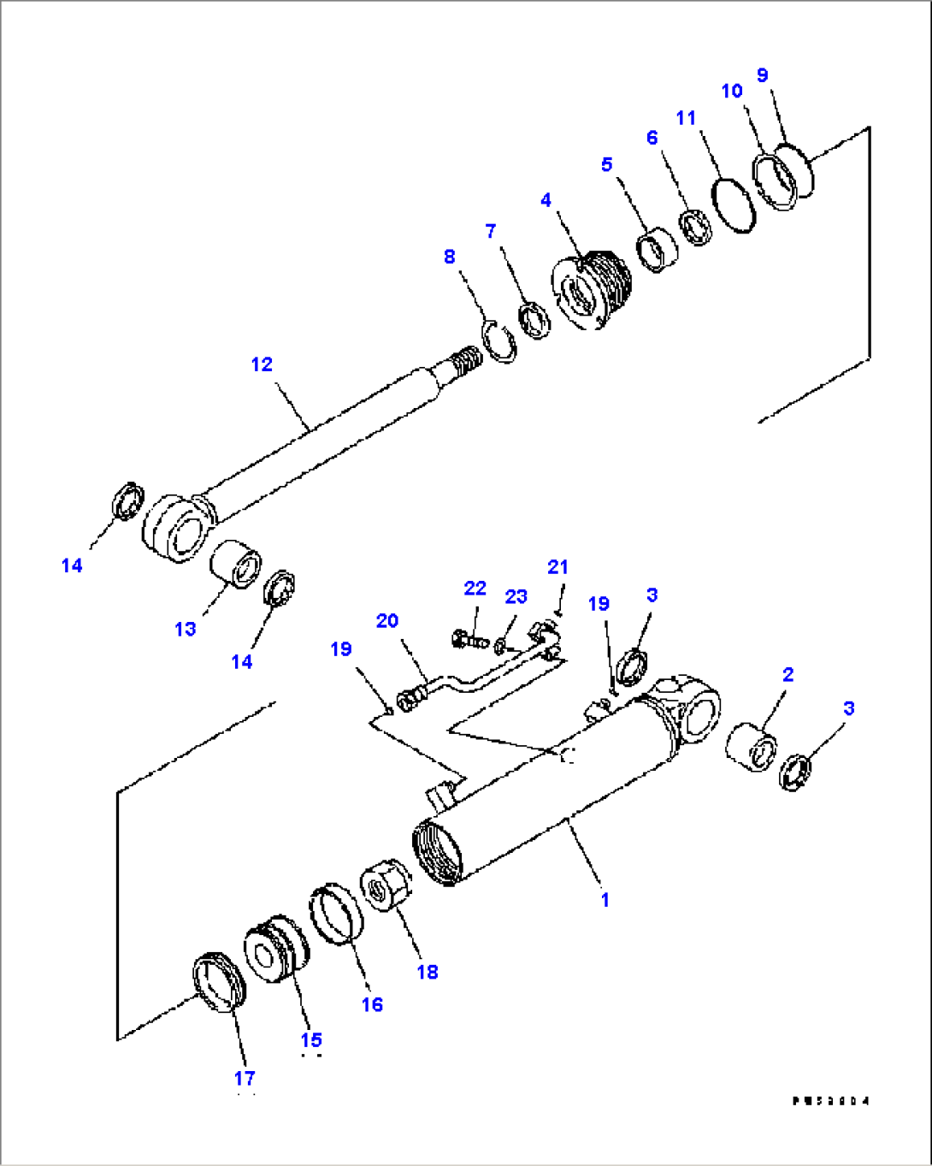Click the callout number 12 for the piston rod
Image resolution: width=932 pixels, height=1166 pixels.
(x=262, y=364)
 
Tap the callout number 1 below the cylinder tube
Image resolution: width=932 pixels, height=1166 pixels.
(x=605, y=900)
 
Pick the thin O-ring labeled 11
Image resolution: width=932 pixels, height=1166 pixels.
(x=735, y=205)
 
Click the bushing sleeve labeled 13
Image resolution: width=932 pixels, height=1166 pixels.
(x=236, y=564)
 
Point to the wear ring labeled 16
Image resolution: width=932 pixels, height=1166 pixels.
(x=334, y=914)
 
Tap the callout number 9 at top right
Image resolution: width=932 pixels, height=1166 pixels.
(x=763, y=75)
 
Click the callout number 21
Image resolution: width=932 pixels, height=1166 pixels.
(x=557, y=567)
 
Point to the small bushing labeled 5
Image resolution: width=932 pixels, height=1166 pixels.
(x=658, y=249)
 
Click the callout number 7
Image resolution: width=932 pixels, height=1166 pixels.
(x=491, y=231)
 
